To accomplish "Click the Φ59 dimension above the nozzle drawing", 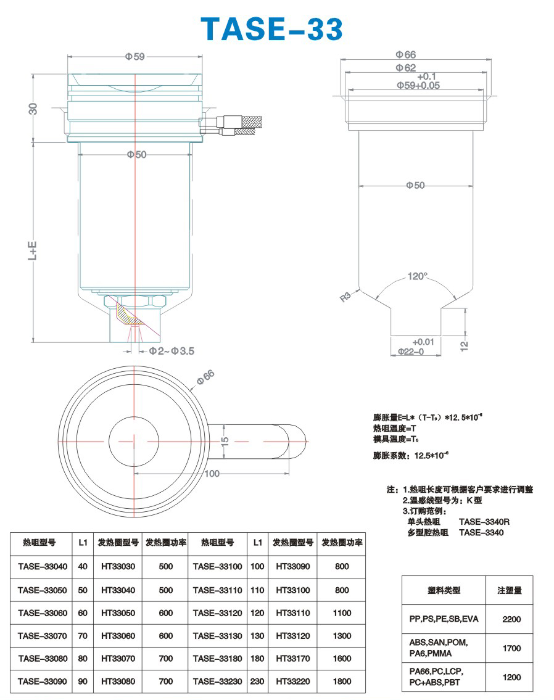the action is (x=135, y=57).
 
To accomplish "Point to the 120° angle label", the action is (x=418, y=276).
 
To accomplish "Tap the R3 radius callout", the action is (x=345, y=297).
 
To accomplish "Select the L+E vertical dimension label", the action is (x=33, y=251).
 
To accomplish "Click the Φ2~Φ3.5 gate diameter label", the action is (x=172, y=352).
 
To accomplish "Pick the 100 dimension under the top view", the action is (x=212, y=474).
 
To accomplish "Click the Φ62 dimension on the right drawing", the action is (x=405, y=68).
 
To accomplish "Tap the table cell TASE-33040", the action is (x=43, y=567).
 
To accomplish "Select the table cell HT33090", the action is (x=293, y=567).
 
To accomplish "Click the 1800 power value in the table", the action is (x=342, y=681).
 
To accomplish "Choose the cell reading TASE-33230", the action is (x=217, y=681).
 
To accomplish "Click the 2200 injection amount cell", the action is (x=511, y=619).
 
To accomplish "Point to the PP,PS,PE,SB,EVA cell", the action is (x=444, y=619).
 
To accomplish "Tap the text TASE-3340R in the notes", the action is (x=484, y=521).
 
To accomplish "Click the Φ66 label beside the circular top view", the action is (x=205, y=377).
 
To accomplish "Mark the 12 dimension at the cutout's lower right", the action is (x=464, y=345).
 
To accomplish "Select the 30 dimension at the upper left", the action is (x=33, y=109).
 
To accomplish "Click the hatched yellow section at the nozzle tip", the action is (x=128, y=313).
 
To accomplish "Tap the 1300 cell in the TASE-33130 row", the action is (x=342, y=636).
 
